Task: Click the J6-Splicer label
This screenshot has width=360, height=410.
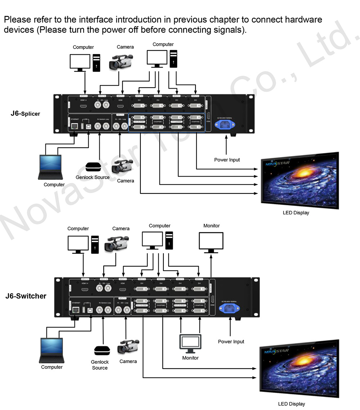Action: click(25, 114)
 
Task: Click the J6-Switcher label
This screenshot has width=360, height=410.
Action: click(26, 296)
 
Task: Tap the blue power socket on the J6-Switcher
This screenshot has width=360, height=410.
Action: click(230, 307)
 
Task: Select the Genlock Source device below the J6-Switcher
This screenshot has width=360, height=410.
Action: click(102, 351)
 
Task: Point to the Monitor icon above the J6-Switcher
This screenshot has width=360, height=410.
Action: click(211, 242)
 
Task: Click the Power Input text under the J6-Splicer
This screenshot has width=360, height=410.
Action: click(227, 160)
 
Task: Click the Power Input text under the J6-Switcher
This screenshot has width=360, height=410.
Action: click(231, 342)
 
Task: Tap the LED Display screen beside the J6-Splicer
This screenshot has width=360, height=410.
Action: click(299, 181)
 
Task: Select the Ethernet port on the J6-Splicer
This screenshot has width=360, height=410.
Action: click(75, 126)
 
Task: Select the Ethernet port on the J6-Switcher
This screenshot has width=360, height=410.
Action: click(76, 309)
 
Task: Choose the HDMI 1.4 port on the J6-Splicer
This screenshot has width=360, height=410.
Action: click(83, 106)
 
